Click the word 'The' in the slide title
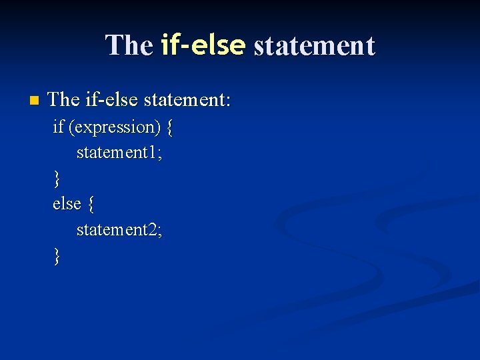pos(129,45)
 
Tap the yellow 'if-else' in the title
pos(203,45)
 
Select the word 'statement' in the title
pos(314,45)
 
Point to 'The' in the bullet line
pos(64,100)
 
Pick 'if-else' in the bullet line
pos(111,100)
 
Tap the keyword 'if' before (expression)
pos(59,127)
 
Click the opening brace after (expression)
pos(170,127)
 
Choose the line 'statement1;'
pos(119,153)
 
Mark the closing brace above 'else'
pos(57,179)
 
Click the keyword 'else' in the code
pos(67,203)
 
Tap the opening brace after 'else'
pos(91,204)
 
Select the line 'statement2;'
pos(119,229)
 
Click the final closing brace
pos(57,255)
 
